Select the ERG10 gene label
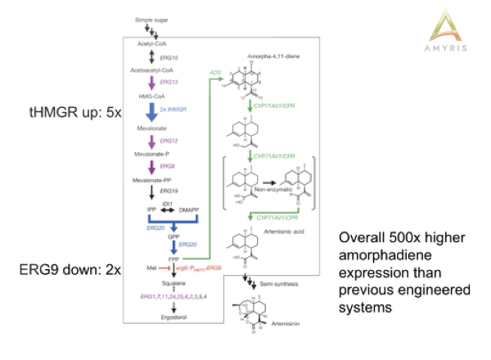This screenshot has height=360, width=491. click(169, 58)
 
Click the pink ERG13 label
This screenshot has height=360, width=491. click(170, 83)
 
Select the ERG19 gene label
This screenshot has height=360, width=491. click(169, 191)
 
